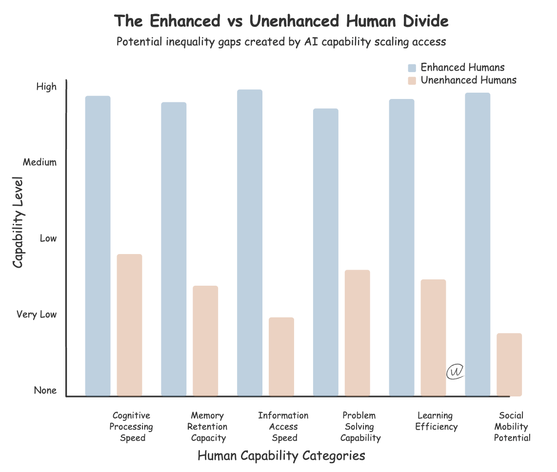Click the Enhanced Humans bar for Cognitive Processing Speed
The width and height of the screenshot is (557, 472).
tap(98, 246)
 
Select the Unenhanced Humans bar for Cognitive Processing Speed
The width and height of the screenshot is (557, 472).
tap(130, 325)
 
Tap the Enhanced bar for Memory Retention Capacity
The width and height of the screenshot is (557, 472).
tap(174, 249)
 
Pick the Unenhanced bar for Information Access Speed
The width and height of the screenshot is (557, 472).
tap(281, 356)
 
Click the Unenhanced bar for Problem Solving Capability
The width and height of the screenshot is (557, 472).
tap(358, 333)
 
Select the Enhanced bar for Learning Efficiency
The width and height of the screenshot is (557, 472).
tap(401, 247)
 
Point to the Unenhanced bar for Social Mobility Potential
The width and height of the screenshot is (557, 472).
tap(509, 364)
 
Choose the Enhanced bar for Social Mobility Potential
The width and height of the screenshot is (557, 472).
tap(477, 244)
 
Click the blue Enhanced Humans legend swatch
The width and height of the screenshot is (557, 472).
tap(412, 68)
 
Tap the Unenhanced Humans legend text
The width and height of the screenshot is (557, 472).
tap(468, 80)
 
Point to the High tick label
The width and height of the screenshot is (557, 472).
tap(47, 87)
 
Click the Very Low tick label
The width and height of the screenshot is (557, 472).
tap(37, 315)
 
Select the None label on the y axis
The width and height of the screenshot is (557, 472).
tap(45, 391)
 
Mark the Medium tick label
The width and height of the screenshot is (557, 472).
tap(40, 162)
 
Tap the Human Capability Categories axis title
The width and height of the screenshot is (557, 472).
tap(281, 456)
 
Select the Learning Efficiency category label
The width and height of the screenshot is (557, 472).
tap(436, 421)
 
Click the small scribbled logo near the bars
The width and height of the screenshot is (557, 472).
tap(455, 372)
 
